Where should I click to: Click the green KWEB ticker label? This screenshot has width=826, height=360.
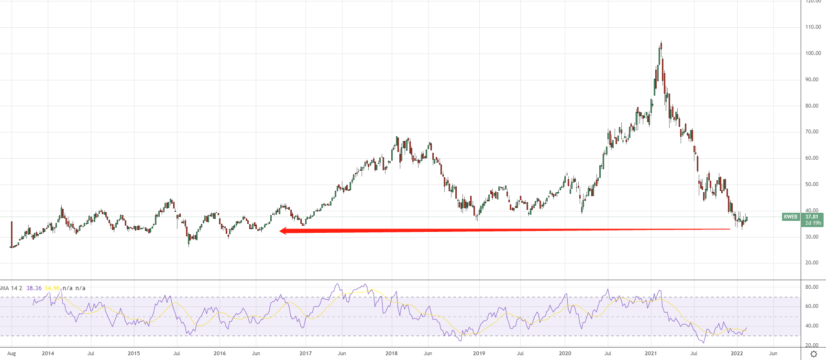[791, 217]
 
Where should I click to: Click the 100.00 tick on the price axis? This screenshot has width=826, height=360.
[813, 54]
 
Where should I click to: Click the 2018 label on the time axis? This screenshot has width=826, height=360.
[391, 354]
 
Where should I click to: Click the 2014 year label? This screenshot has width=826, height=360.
[48, 354]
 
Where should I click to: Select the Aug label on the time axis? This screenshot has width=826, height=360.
[11, 354]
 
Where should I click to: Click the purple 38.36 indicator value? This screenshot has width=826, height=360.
[33, 288]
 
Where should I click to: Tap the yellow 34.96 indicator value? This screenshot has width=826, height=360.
[52, 288]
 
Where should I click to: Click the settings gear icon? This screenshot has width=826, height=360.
[814, 354]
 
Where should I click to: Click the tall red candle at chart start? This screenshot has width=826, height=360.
[11, 234]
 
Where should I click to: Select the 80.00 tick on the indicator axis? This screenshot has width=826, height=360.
[812, 287]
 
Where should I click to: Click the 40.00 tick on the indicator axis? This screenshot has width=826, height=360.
[812, 326]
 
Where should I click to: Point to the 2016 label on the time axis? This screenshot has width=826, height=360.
[220, 354]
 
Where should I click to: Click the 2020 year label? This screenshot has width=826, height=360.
[565, 354]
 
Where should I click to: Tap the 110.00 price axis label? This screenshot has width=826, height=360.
[813, 27]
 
